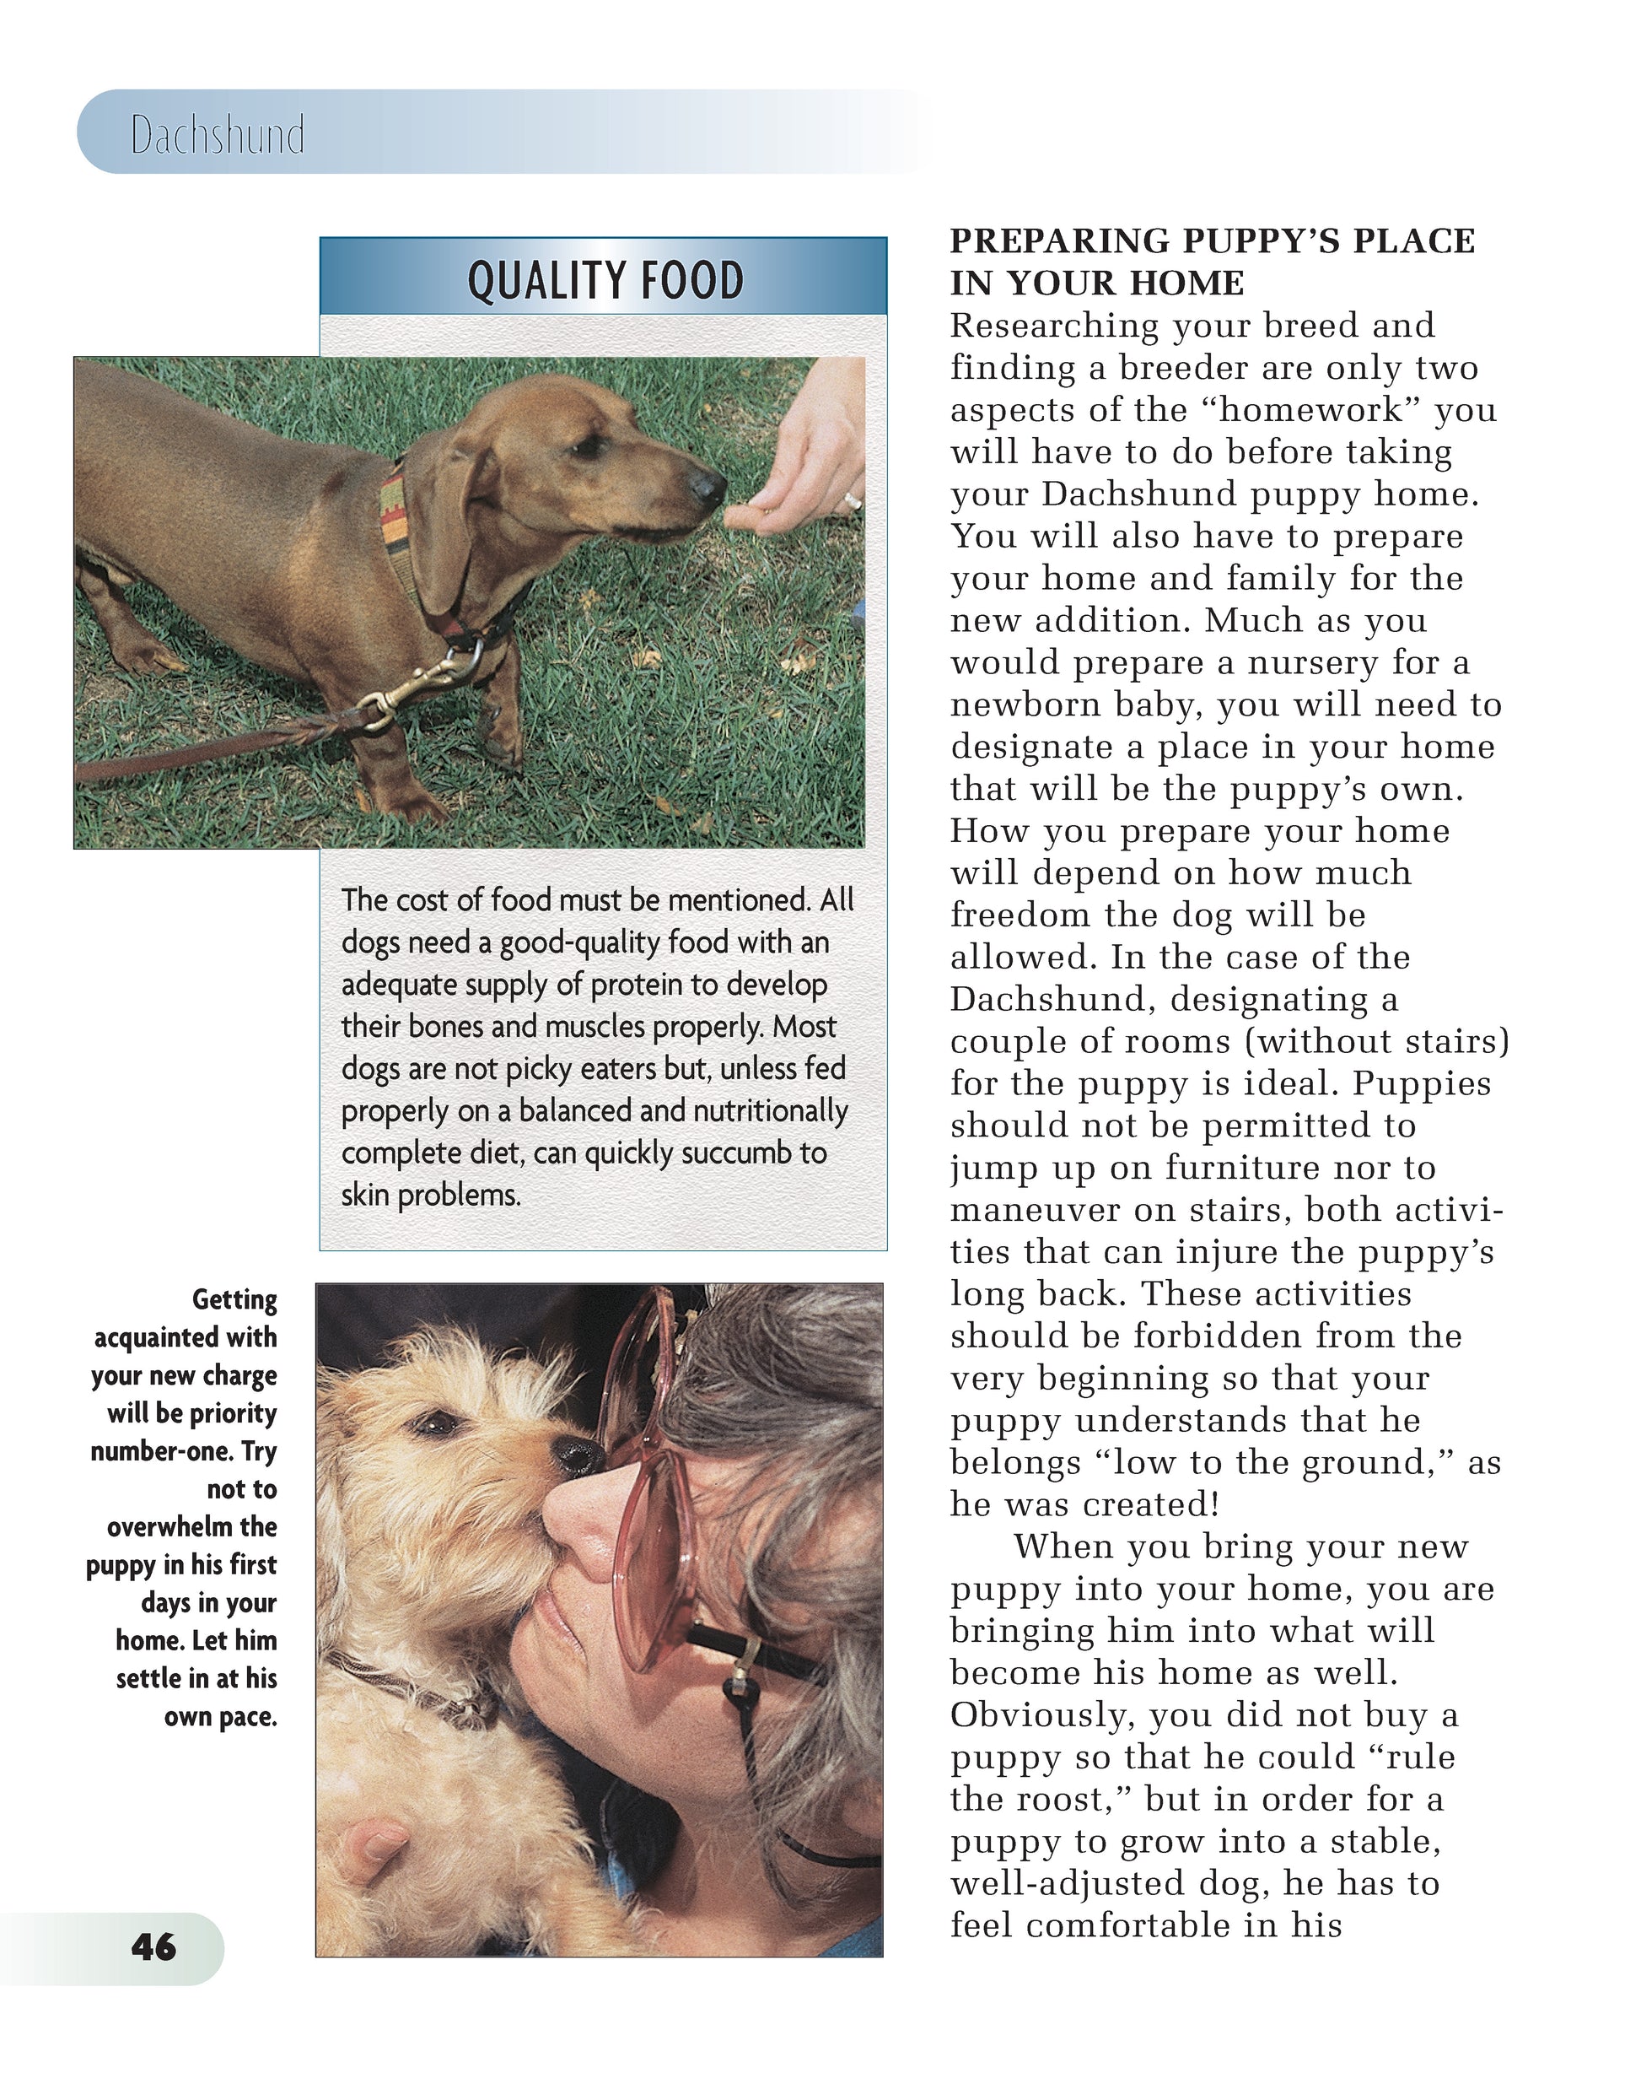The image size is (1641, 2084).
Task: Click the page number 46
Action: (x=153, y=1947)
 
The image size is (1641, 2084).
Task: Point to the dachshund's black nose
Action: (x=710, y=486)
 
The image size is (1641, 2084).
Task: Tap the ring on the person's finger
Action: (x=850, y=499)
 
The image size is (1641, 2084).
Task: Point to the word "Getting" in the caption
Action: (x=234, y=1300)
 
